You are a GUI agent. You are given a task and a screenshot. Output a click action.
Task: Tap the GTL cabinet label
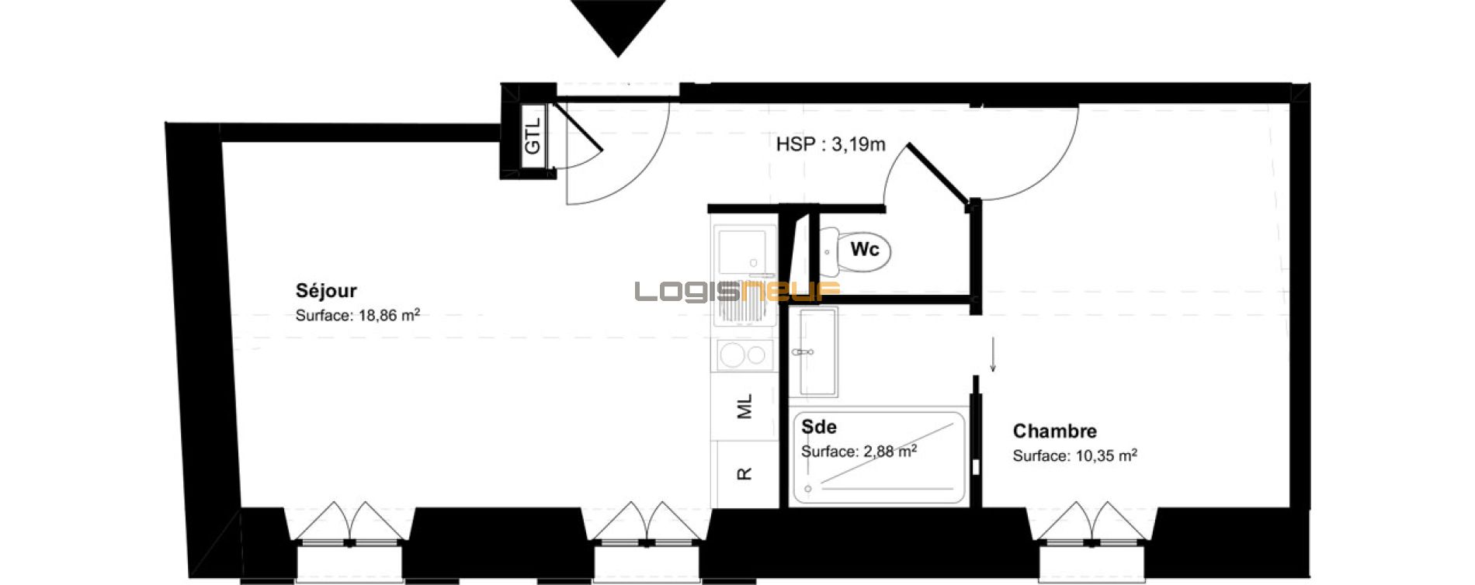coord(533,137)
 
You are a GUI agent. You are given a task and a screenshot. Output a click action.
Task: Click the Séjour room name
coord(326,291)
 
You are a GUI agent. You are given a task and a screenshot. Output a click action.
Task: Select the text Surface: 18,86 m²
coord(358,315)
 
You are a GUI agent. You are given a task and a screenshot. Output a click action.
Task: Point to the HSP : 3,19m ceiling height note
coord(831,144)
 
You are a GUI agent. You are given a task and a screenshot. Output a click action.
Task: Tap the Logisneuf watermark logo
coord(737,291)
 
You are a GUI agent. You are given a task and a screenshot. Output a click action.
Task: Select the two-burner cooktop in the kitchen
coord(744,355)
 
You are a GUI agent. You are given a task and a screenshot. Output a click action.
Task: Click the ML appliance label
coord(744,406)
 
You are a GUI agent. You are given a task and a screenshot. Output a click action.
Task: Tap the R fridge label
coord(744,473)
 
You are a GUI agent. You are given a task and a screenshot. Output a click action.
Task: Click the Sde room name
coord(819,427)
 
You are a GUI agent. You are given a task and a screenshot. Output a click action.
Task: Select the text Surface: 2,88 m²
coord(859,452)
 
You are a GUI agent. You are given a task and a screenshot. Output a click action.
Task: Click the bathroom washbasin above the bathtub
coord(817,351)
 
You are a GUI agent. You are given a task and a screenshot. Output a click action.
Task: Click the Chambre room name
coord(1055,431)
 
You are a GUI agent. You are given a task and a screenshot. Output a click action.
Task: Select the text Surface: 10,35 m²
coord(1074,456)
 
